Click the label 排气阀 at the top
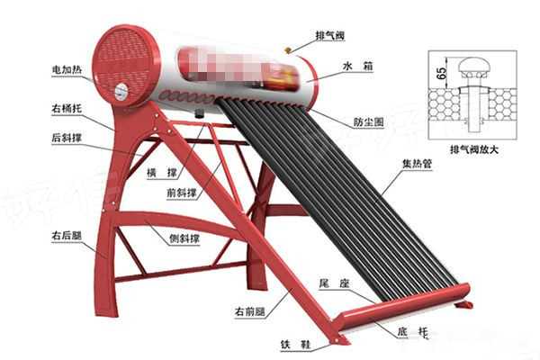329,35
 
